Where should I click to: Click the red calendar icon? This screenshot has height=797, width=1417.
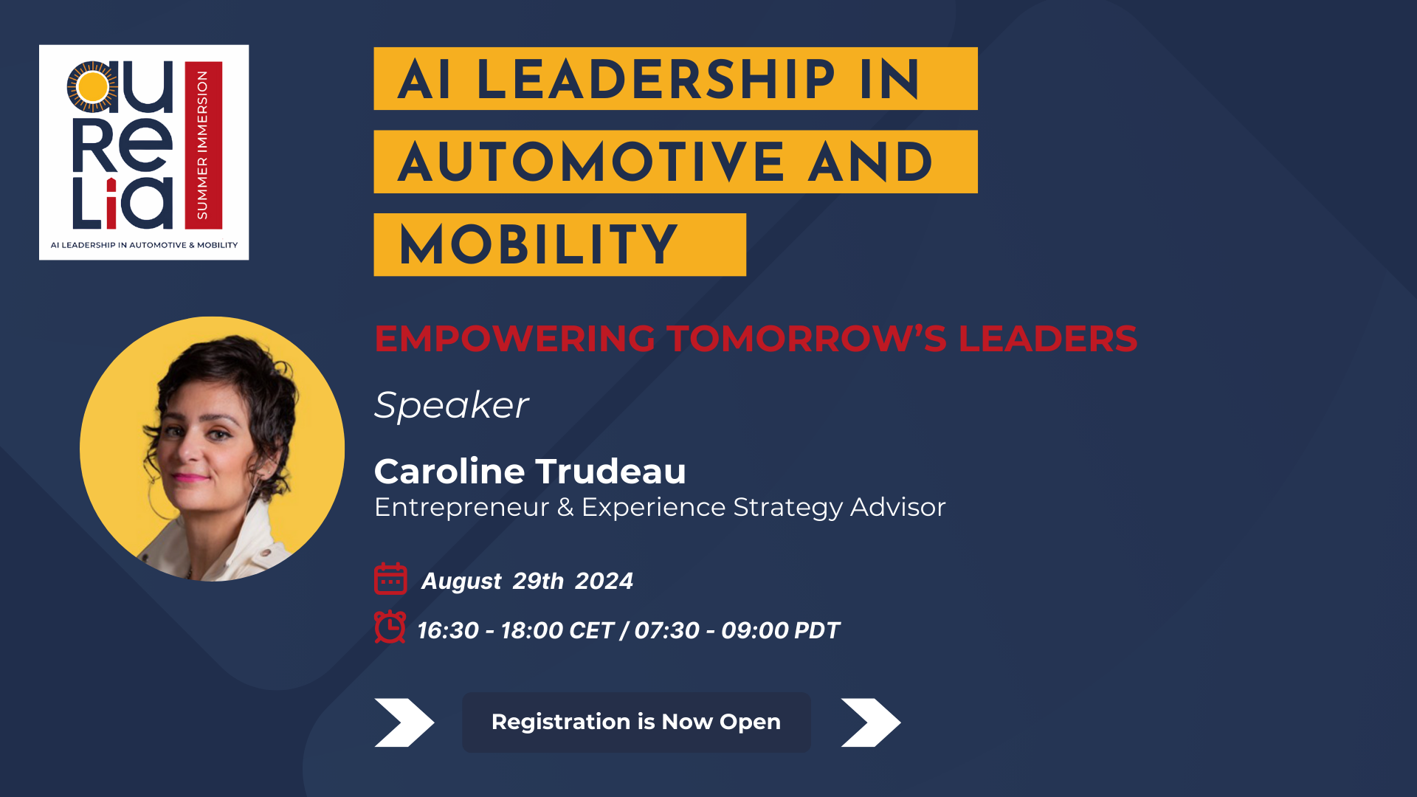coord(390,579)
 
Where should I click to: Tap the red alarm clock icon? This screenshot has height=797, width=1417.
coord(390,627)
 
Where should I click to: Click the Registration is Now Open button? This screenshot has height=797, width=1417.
coord(636,722)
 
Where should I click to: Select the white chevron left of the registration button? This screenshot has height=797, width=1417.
coord(404,722)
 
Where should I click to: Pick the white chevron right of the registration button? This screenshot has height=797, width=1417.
coord(871,722)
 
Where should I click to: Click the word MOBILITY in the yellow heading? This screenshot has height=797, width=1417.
coord(538,245)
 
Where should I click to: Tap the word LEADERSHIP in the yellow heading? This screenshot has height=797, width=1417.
coord(656,79)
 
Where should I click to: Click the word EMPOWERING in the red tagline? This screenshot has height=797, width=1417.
coord(514,339)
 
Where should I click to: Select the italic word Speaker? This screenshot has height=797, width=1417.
coord(451,405)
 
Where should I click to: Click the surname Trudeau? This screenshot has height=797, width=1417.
coord(610,472)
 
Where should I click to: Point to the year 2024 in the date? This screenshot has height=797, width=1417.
coord(604,582)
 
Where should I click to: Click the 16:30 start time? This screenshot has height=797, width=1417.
coord(448,631)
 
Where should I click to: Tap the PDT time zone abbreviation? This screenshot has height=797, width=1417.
coord(817,631)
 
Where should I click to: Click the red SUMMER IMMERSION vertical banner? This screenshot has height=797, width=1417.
coord(203,145)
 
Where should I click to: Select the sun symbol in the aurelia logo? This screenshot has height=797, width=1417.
coord(93,87)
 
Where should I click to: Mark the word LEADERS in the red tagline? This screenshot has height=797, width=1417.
coord(1048,339)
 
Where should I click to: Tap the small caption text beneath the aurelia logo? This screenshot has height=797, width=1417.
coord(144,245)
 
